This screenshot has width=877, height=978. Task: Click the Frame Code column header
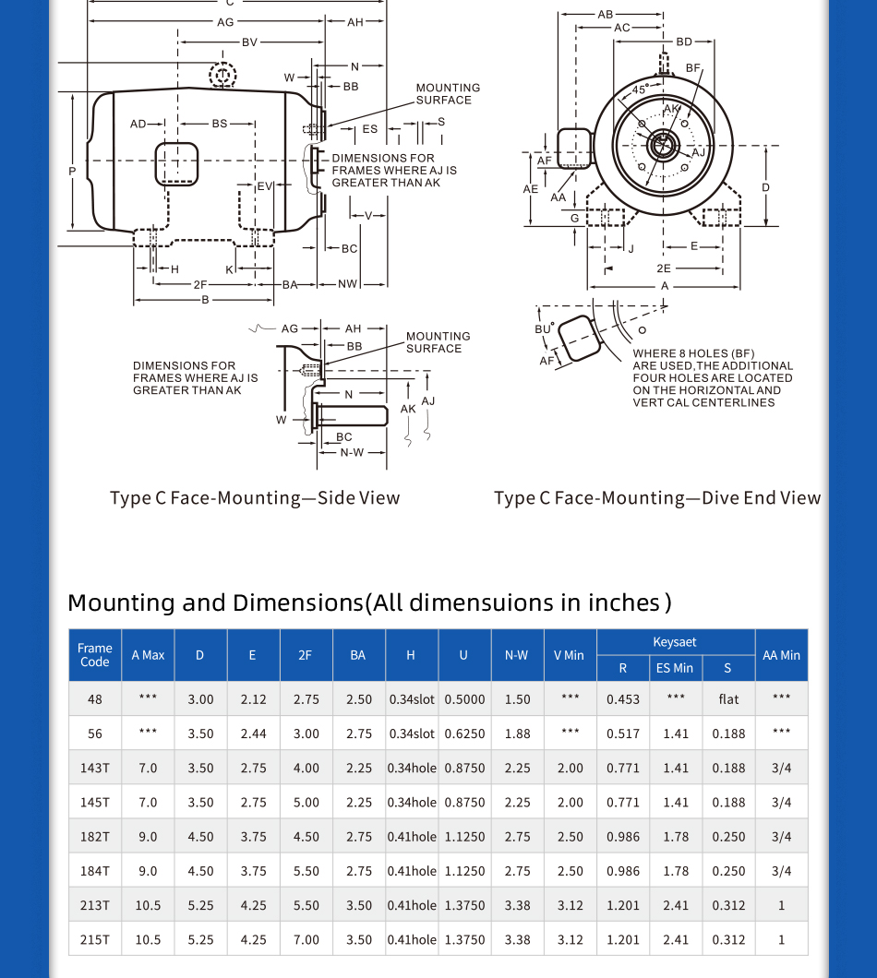click(x=95, y=655)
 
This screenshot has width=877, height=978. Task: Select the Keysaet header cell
click(x=675, y=642)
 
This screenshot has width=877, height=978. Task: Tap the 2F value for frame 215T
click(x=306, y=939)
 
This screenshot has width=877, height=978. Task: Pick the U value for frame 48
click(x=464, y=699)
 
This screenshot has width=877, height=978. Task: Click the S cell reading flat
click(x=728, y=699)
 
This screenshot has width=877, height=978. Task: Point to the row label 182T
click(x=95, y=837)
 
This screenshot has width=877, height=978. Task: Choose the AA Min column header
click(x=781, y=655)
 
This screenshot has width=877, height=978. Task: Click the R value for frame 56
click(x=623, y=733)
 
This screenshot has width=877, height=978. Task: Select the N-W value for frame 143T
click(x=518, y=768)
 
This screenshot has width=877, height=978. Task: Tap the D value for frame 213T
click(x=200, y=905)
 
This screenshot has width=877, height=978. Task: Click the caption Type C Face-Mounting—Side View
click(x=255, y=498)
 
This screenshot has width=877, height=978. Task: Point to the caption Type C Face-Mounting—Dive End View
click(x=656, y=498)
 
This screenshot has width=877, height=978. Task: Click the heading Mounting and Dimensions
click(x=369, y=602)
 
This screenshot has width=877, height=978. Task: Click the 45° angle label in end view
click(x=640, y=89)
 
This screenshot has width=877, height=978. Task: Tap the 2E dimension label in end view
click(x=664, y=268)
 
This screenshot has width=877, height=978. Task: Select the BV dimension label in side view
click(x=250, y=42)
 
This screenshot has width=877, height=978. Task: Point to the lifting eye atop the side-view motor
click(x=222, y=75)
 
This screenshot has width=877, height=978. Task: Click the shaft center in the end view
click(x=662, y=145)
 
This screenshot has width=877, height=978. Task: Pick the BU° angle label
click(x=545, y=328)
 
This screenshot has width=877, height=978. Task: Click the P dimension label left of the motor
click(x=72, y=171)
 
